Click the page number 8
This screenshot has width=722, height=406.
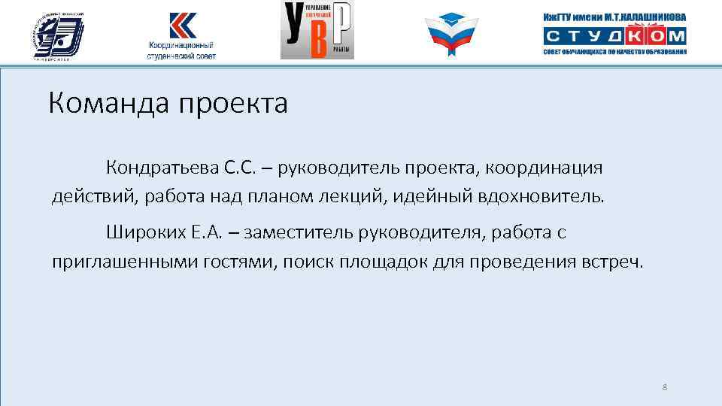click(x=665, y=387)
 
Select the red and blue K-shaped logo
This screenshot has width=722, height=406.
click(x=180, y=24)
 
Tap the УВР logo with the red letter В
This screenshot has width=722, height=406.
click(x=317, y=30)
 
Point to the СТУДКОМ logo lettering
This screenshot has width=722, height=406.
click(x=614, y=35)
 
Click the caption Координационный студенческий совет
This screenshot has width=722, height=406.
click(x=181, y=51)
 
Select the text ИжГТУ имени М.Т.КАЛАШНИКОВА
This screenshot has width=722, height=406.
click(x=614, y=17)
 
